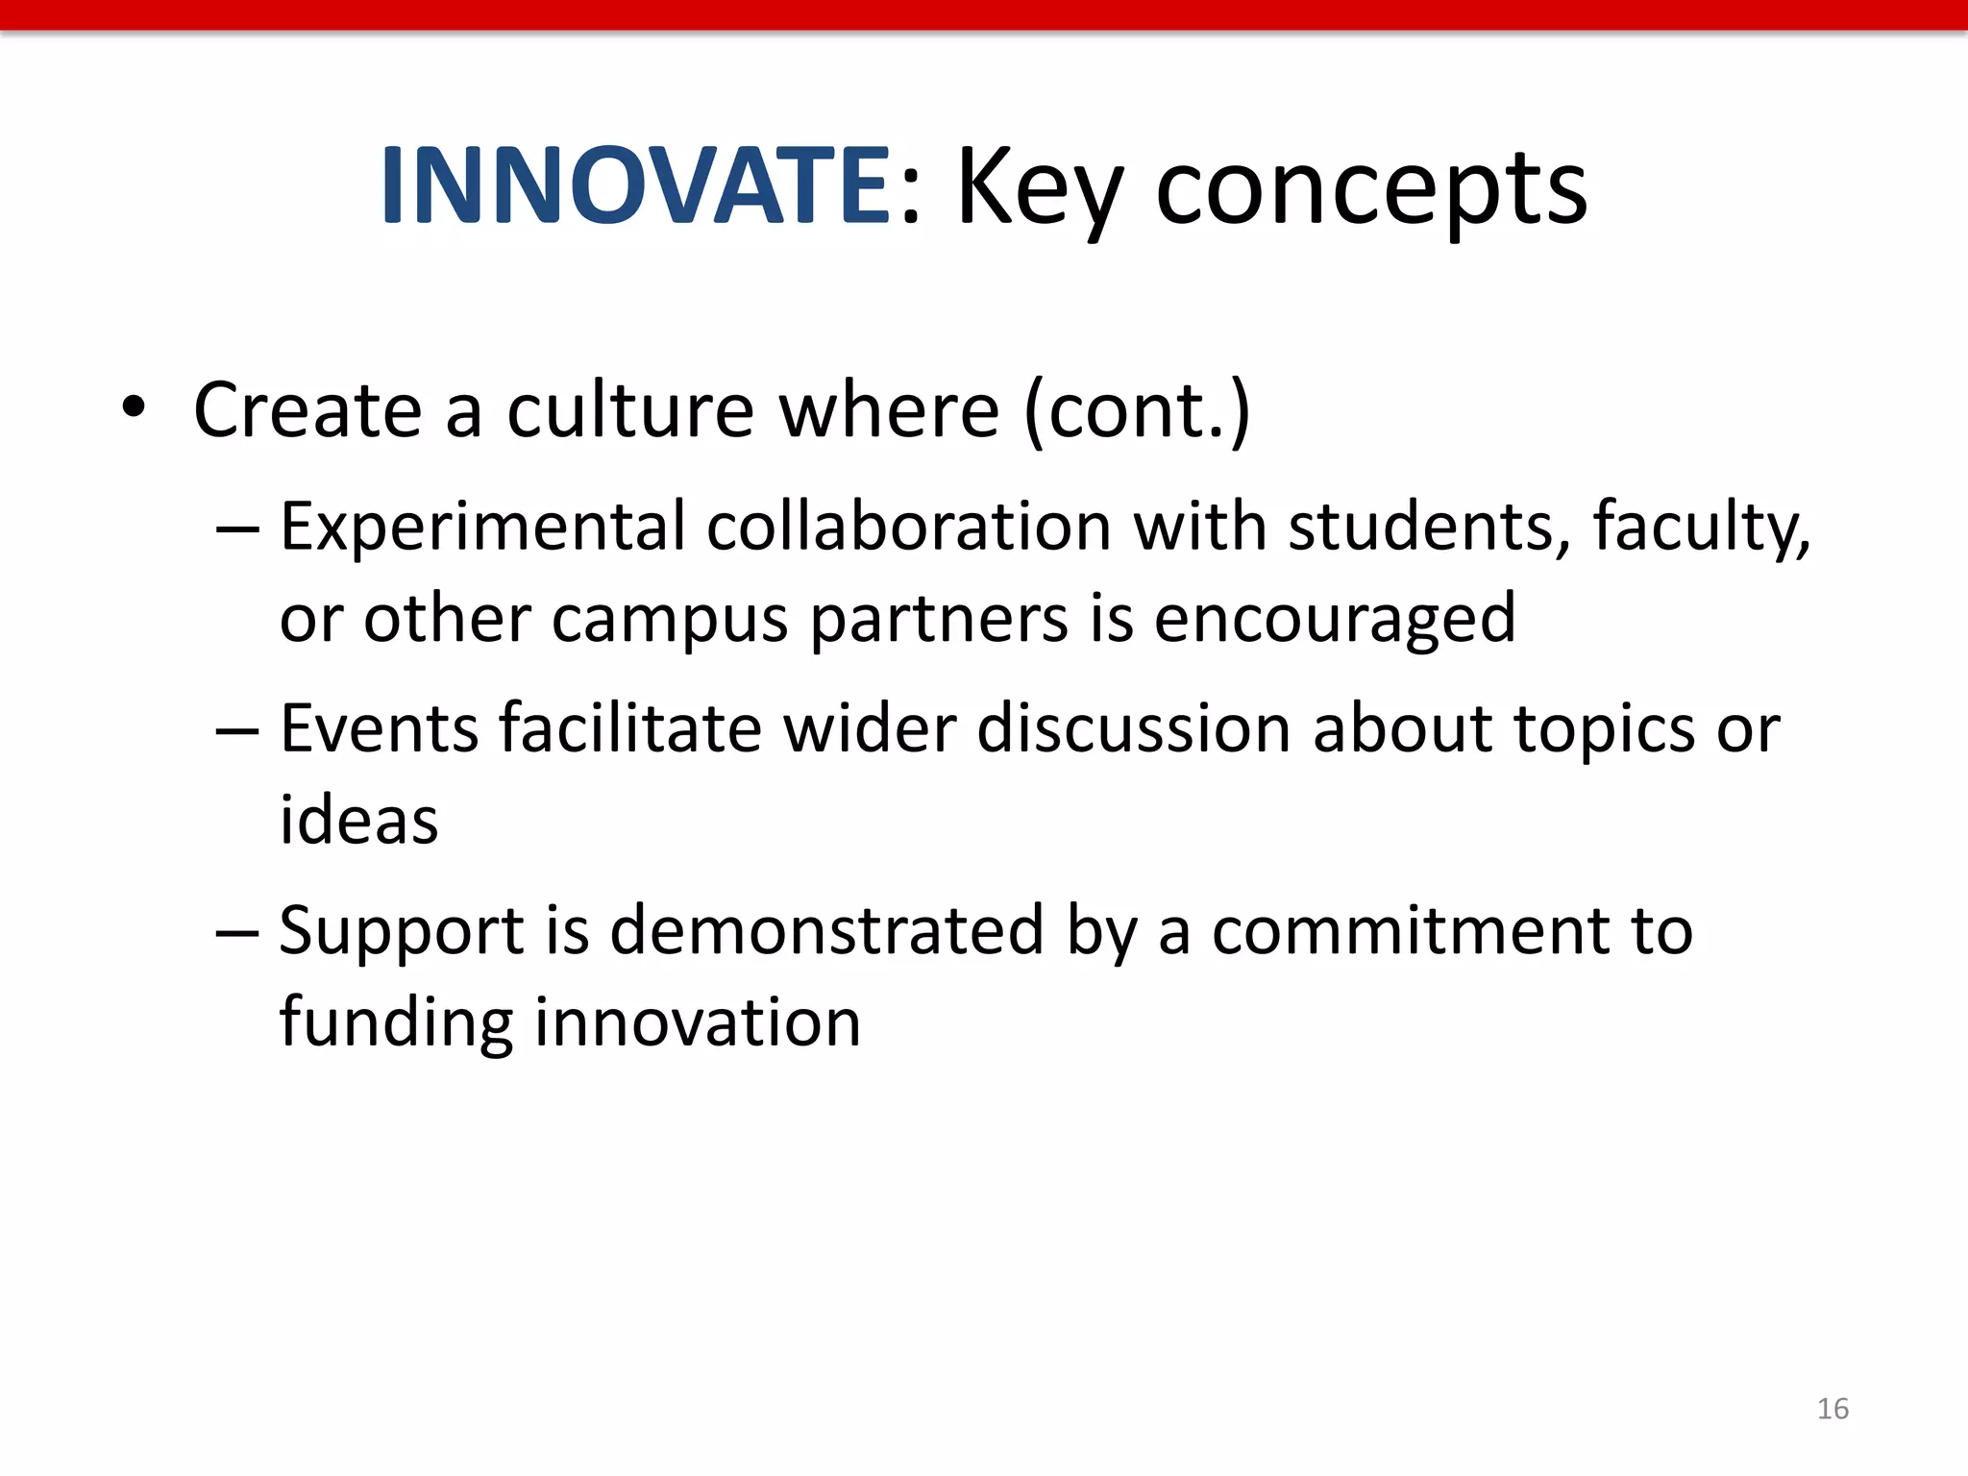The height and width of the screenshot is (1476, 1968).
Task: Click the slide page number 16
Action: coord(1833,1409)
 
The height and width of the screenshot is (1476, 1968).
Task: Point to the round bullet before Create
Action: coord(134,407)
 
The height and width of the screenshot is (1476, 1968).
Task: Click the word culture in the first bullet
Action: coord(630,410)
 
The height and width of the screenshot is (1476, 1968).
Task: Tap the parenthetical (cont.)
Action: coord(1138,410)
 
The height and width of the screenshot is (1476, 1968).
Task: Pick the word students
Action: coord(1429,528)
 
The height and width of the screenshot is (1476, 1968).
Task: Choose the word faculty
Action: coord(1701,528)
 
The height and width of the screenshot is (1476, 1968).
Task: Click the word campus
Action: coord(670,620)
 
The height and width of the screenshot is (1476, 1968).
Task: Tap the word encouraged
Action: coord(1335,620)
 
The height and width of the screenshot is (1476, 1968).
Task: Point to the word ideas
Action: coord(358,821)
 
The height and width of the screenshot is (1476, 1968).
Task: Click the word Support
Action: coord(402,932)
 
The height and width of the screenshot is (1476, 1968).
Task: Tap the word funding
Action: coord(396,1022)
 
